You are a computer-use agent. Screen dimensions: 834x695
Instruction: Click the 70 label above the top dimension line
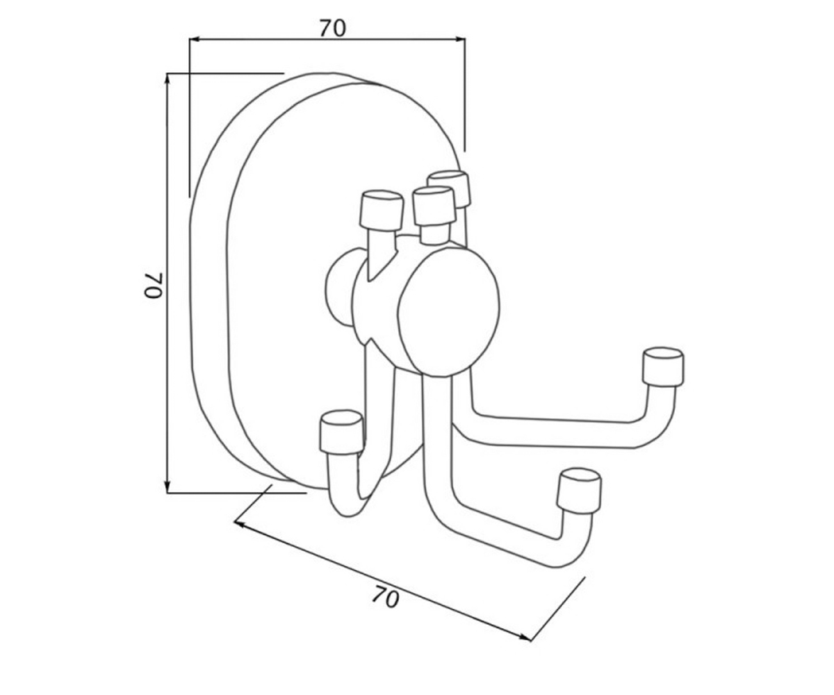(x=332, y=28)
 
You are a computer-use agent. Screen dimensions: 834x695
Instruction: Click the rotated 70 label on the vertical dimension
(x=153, y=285)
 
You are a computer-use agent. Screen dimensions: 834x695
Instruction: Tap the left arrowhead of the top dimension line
(x=194, y=39)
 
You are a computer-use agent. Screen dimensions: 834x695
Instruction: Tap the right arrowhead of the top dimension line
(x=460, y=39)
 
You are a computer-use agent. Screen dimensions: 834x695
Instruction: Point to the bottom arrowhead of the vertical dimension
(x=167, y=488)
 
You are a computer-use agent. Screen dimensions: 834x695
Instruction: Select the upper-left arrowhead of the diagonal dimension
(x=239, y=523)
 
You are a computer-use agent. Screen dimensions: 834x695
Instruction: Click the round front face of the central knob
(x=448, y=312)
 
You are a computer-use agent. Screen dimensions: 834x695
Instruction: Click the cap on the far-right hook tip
(x=662, y=367)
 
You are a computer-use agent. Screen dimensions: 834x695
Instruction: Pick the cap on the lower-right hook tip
(x=579, y=491)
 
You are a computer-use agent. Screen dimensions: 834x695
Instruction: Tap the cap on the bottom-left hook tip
(x=341, y=432)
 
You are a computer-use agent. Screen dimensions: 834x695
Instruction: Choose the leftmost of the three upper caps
(x=381, y=211)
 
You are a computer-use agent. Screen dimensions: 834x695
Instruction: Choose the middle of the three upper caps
(x=434, y=206)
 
